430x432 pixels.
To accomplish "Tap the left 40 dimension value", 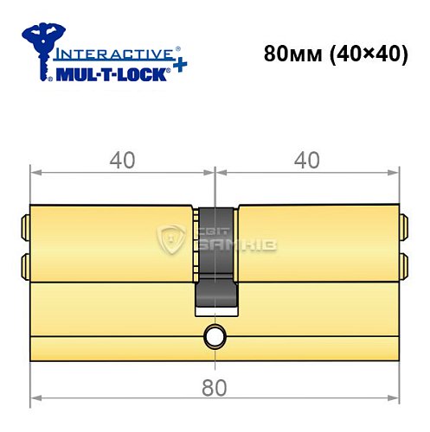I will [122, 161].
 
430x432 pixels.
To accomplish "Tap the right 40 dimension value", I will [307, 161].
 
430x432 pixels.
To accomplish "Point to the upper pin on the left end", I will [24, 230].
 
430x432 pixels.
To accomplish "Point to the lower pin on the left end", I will [24, 262].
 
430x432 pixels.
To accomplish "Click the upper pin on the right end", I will [402, 230].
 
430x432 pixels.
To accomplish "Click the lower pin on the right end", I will [402, 262].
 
